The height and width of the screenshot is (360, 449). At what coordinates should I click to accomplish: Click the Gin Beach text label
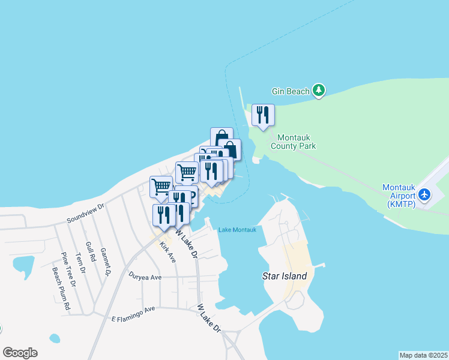pos(291,91)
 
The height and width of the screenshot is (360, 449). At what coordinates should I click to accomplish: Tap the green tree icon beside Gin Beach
pos(319,91)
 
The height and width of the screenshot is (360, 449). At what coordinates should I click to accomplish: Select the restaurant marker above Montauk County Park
pos(263,115)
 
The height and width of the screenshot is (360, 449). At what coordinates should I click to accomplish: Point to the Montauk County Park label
pos(293,141)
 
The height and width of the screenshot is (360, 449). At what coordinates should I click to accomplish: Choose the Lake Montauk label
pos(237,230)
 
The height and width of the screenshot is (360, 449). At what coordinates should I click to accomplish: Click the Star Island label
pos(285,277)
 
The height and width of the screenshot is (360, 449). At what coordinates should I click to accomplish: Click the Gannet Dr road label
pos(106,262)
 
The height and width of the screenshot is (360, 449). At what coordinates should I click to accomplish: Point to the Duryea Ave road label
pos(145,277)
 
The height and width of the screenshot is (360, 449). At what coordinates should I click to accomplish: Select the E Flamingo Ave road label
pos(133,313)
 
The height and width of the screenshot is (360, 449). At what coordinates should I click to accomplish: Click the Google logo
pos(20,353)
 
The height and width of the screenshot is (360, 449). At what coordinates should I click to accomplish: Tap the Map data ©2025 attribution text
pos(423,355)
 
